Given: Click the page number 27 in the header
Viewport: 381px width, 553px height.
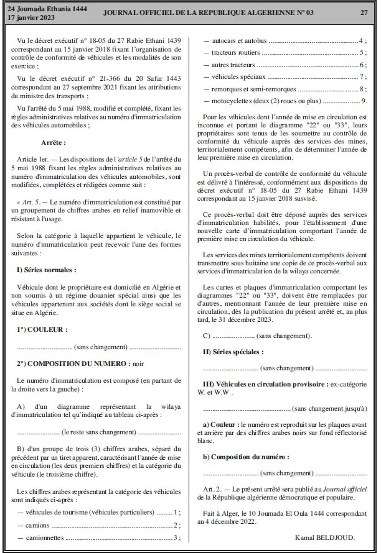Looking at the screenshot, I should point(363,12).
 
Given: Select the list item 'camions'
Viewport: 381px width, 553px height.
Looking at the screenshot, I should point(37,524).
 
